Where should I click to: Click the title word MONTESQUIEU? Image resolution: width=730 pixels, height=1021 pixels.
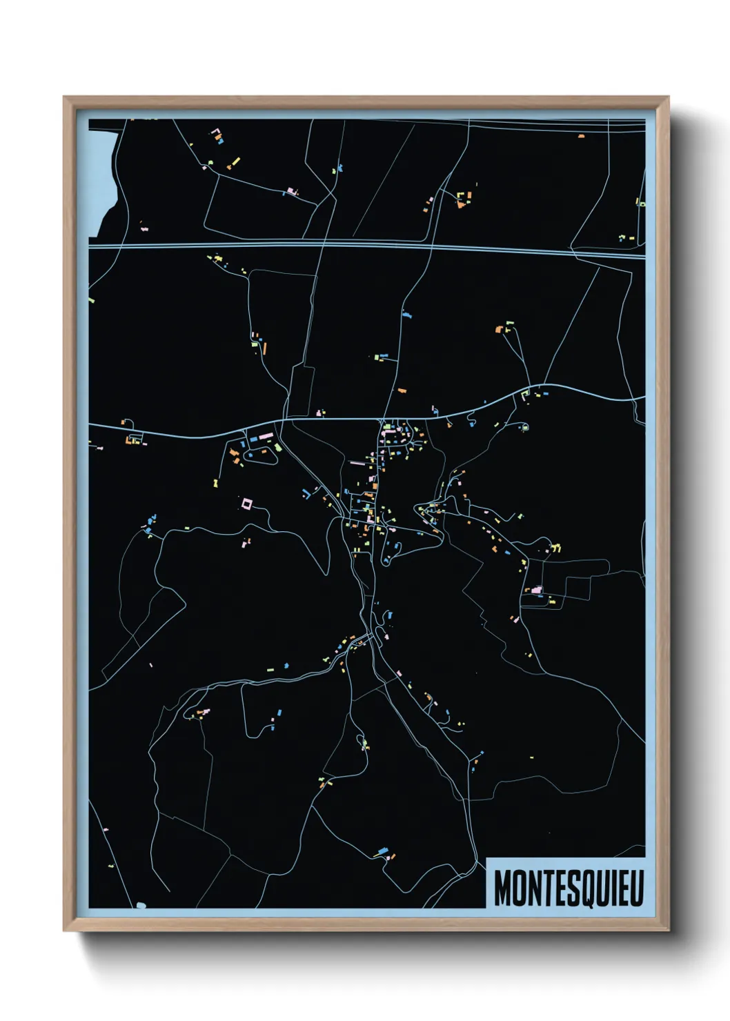coord(569,888)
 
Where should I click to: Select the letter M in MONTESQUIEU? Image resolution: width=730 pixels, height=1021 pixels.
coord(502,888)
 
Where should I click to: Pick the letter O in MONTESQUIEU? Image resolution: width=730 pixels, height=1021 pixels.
coord(517,888)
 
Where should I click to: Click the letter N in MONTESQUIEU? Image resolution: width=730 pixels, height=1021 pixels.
coord(533,888)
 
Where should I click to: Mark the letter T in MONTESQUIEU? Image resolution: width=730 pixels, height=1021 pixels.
coord(546,888)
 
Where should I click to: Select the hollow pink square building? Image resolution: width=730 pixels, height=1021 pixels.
coord(246,504)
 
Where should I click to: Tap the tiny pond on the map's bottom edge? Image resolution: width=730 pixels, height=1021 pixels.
coord(141,905)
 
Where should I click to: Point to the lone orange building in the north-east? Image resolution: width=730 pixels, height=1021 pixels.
coord(581,137)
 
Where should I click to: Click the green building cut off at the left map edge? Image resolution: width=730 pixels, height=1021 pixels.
coord(91,301)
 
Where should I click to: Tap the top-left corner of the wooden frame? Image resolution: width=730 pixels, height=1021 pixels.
coord(65,98)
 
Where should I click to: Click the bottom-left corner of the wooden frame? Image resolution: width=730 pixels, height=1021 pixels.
coord(65,930)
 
